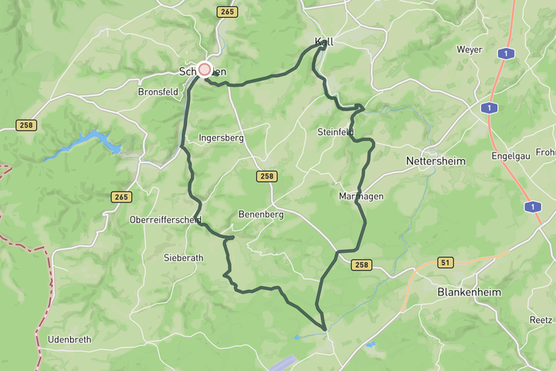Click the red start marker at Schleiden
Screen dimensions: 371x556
pos(205,70)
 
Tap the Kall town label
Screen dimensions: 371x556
pos(324,42)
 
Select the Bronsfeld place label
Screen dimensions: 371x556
pos(158,91)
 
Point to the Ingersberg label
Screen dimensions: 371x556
pos(221,138)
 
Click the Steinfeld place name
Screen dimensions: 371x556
pos(335,132)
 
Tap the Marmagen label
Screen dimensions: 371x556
pos(361,196)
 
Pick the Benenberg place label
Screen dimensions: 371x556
pos(260,215)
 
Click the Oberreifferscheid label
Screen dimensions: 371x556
pos(166,220)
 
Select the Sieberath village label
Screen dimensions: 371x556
pos(184,257)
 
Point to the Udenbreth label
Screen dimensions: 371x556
pos(69,339)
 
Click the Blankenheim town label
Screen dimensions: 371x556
pos(469,292)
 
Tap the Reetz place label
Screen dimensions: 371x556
pos(541,319)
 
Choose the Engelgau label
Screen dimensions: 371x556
pos(513,155)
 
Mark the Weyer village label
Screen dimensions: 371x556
pos(470,49)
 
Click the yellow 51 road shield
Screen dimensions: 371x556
pos(445,262)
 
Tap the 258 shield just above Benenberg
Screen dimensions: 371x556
pos(266,176)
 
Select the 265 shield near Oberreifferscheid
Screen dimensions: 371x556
pos(121,197)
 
